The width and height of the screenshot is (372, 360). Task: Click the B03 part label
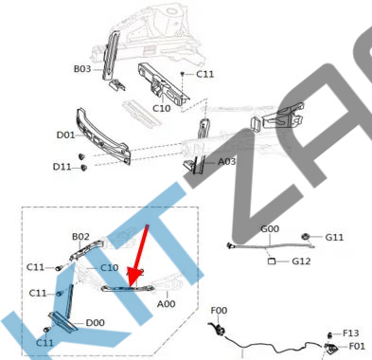click(x=82, y=68)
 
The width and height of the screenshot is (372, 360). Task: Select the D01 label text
click(x=65, y=135)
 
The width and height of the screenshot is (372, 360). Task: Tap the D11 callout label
click(x=62, y=167)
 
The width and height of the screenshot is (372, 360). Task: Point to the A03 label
click(x=227, y=161)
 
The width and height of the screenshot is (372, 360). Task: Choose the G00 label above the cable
click(x=270, y=228)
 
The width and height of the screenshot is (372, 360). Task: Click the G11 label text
click(x=334, y=237)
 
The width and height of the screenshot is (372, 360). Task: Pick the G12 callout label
click(x=301, y=261)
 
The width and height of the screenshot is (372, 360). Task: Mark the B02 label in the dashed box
click(x=80, y=237)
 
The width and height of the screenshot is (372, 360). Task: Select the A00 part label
click(x=167, y=304)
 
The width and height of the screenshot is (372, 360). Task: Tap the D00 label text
click(x=96, y=323)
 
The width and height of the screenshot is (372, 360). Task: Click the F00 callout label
click(x=219, y=311)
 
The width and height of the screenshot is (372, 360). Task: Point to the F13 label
click(x=350, y=333)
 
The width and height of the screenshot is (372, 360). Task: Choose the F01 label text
click(x=357, y=346)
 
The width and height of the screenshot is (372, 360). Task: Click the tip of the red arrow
click(x=130, y=286)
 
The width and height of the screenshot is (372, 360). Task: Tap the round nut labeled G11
click(x=305, y=236)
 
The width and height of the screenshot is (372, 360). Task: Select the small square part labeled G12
click(x=272, y=261)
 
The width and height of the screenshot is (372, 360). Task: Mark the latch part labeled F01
click(x=331, y=348)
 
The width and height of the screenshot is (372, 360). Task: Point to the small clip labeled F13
click(x=329, y=334)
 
